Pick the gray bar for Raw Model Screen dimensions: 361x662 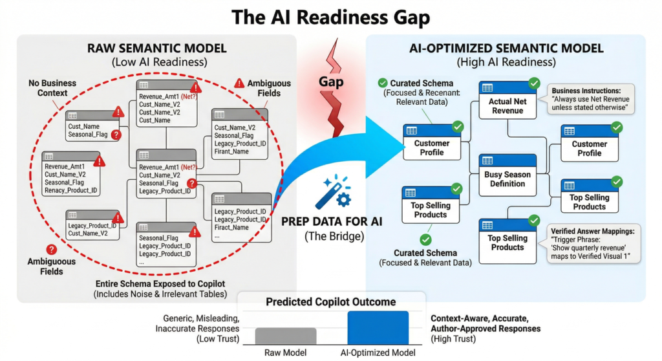[285, 336]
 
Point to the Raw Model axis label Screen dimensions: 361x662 [285, 353]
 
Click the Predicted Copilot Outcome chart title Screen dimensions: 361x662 [331, 301]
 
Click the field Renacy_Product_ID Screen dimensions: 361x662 [71, 191]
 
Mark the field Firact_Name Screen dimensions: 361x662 [231, 228]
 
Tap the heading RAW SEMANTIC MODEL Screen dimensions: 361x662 [157, 49]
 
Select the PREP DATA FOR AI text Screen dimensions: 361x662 [332, 221]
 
